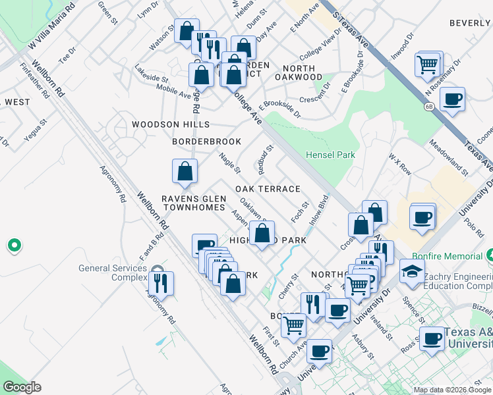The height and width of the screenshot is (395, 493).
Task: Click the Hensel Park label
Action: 330,155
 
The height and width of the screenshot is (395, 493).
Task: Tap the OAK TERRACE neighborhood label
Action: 268,189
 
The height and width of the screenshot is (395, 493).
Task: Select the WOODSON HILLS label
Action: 170,124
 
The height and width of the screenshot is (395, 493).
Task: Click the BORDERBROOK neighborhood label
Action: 206,142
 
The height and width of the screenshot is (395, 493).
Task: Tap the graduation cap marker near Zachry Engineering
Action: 412,271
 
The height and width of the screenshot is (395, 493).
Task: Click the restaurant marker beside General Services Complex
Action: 161,283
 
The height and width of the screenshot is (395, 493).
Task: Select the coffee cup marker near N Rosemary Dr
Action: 452,99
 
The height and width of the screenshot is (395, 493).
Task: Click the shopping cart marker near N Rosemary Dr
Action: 428,65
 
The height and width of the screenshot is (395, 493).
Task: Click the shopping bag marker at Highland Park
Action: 262,233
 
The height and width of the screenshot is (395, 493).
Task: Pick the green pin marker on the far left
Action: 14,246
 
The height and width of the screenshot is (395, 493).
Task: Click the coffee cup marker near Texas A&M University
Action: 432,338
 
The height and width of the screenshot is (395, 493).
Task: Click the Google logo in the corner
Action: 22,387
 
